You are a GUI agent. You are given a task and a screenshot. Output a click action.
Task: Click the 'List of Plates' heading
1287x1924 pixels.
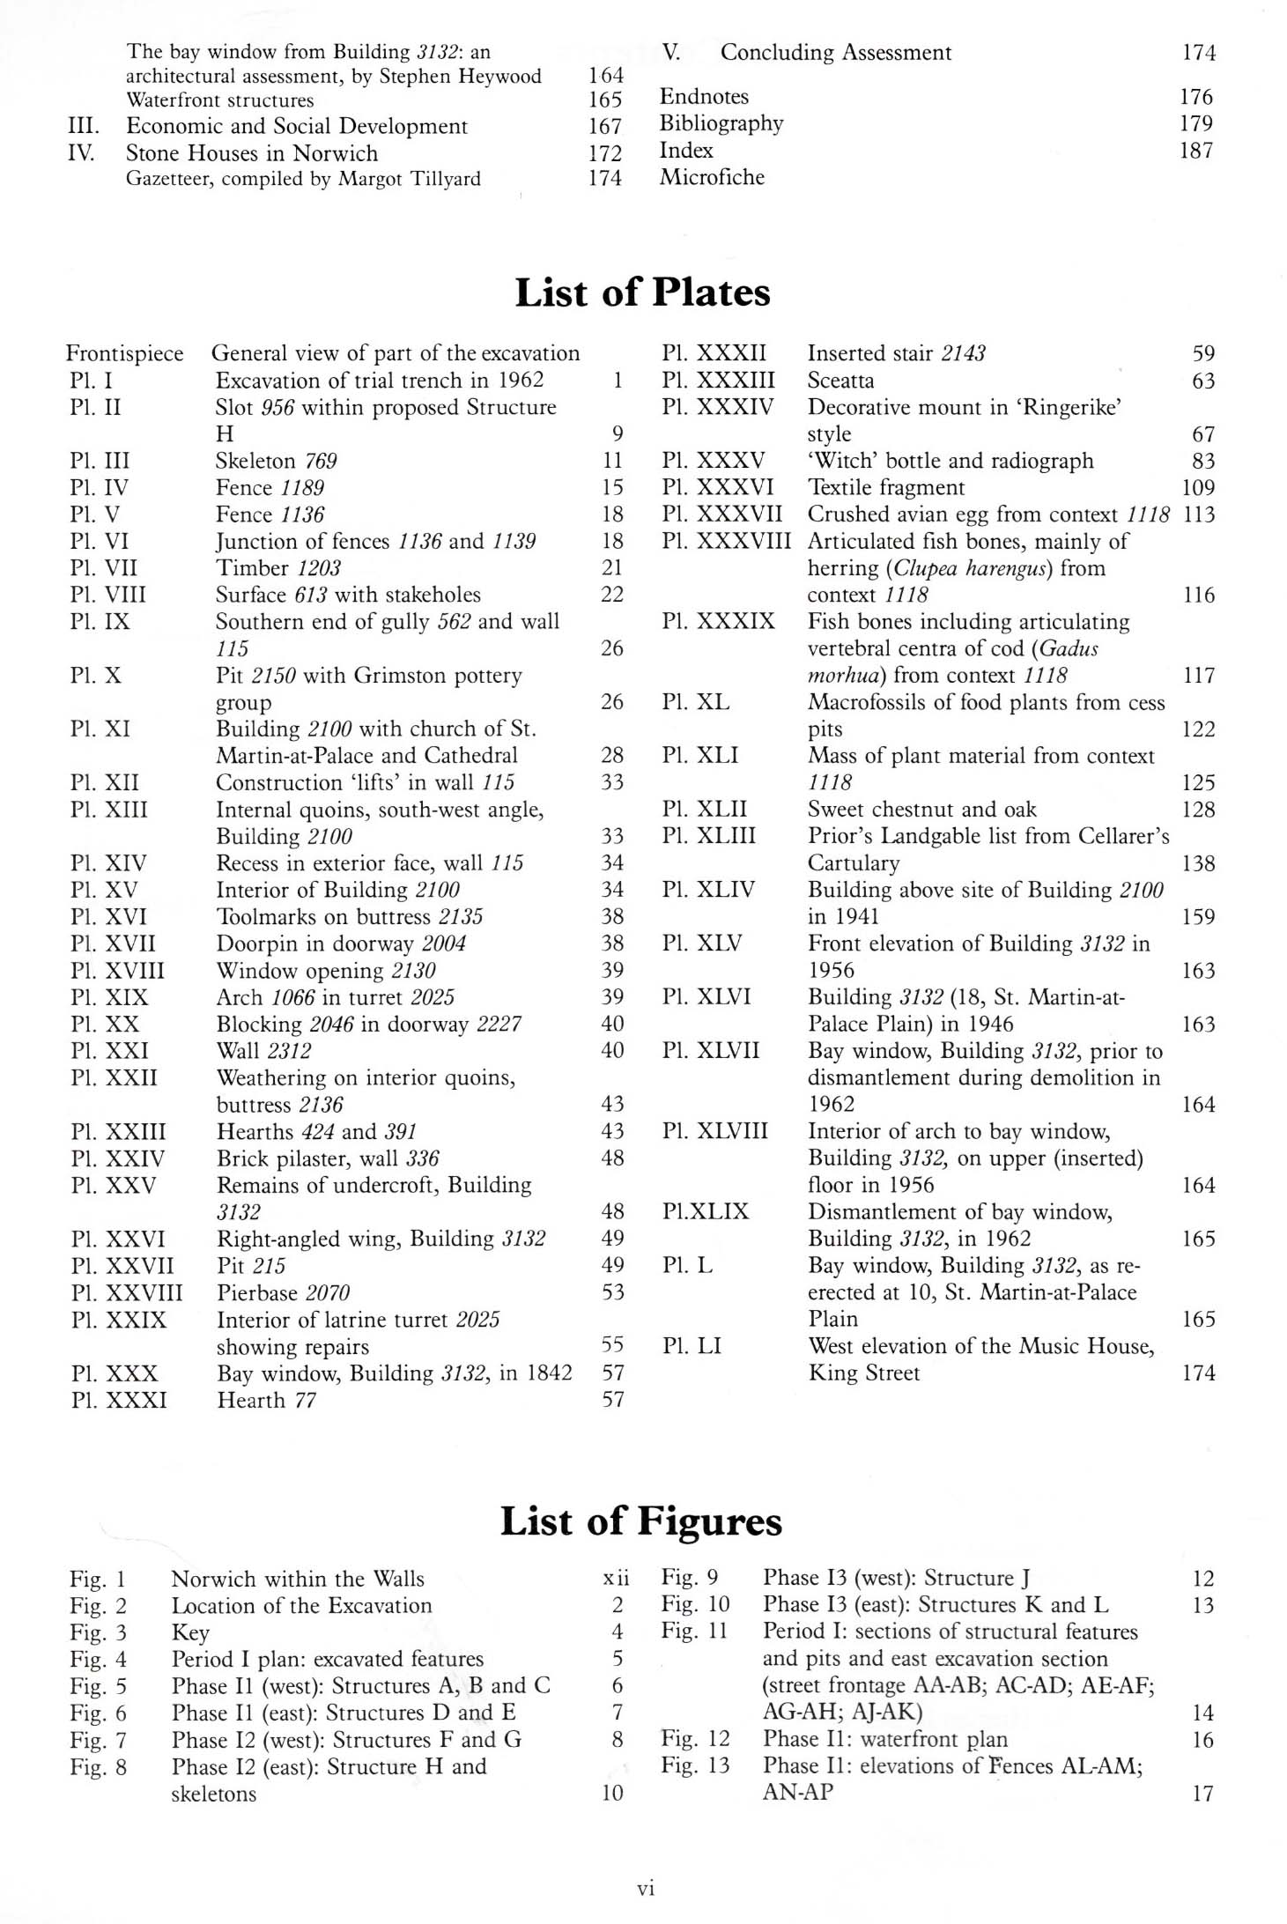[x=642, y=292]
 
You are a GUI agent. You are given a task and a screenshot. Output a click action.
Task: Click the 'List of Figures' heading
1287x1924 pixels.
[x=640, y=1521]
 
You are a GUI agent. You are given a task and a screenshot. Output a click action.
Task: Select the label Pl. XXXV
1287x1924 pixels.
[x=713, y=461]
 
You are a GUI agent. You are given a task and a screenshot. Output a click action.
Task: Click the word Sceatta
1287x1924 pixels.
[x=840, y=381]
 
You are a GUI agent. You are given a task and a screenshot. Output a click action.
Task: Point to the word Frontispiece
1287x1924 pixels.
[x=124, y=353]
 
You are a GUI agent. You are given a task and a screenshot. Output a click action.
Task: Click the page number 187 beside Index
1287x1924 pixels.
[x=1195, y=151]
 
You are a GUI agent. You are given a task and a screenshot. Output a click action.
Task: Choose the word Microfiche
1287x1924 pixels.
[x=712, y=177]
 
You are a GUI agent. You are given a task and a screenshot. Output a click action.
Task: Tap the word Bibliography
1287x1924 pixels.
[x=721, y=123]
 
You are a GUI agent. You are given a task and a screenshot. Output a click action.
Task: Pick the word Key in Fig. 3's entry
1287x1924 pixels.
[x=190, y=1632]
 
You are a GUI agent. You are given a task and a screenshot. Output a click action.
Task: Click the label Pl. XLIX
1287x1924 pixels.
[x=705, y=1212]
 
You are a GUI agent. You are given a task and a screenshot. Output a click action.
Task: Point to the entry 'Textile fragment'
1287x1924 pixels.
[x=886, y=487]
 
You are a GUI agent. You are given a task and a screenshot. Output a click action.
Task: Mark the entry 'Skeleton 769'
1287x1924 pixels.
[x=276, y=461]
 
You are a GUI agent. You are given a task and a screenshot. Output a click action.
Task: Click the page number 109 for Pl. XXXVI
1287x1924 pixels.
[x=1197, y=487]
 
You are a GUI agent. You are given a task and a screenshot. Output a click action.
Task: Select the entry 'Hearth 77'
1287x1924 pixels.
[x=266, y=1400]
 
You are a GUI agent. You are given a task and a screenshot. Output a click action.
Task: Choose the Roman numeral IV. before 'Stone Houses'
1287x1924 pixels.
[x=82, y=152]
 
